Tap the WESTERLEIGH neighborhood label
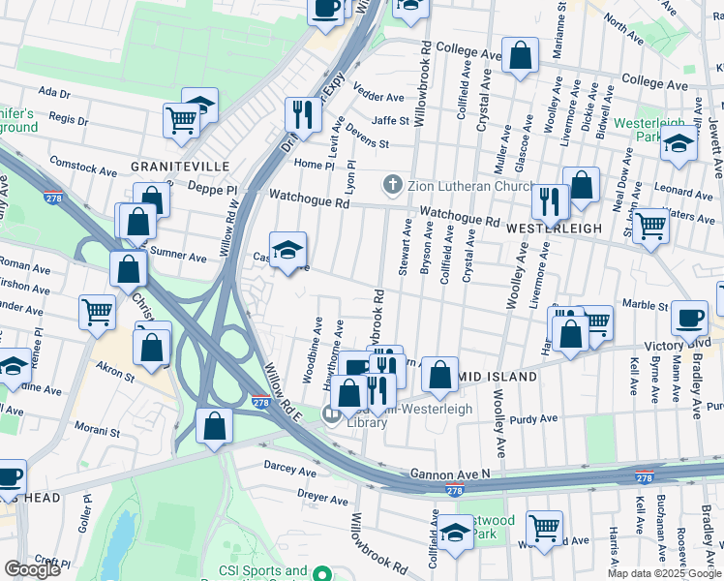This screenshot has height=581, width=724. (554, 228)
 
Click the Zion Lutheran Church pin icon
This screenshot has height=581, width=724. (393, 183)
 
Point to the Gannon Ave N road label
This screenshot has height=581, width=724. (450, 473)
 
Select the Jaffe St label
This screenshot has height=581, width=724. (391, 121)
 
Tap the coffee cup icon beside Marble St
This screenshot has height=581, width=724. (690, 319)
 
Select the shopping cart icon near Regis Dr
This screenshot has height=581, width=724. (180, 120)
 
